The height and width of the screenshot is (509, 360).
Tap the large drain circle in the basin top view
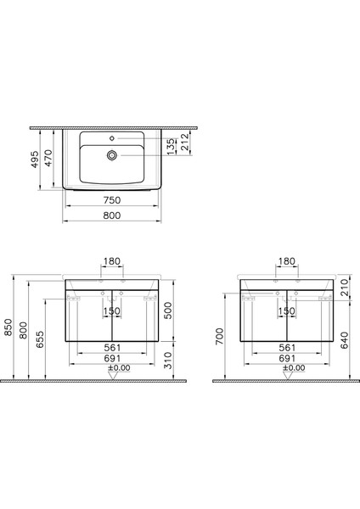point(111,154)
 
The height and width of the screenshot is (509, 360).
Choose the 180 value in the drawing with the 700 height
point(287,261)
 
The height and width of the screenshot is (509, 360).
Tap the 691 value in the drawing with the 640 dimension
point(287,358)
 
